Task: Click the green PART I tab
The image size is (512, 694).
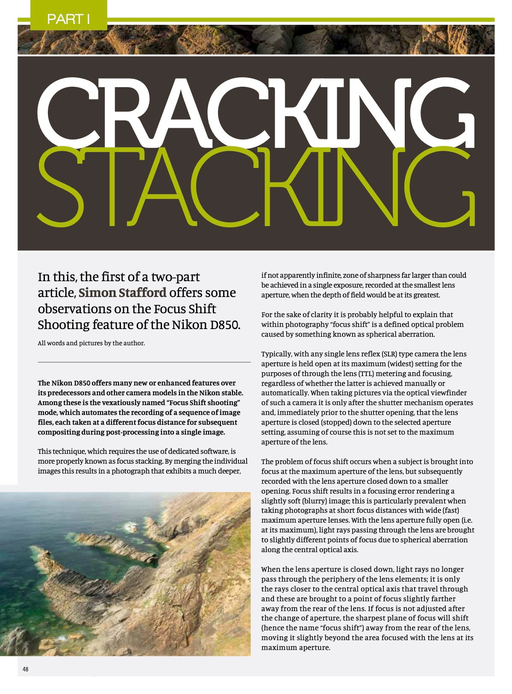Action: (68, 19)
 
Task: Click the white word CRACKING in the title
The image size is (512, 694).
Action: (256, 113)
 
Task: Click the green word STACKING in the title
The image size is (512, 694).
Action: (256, 188)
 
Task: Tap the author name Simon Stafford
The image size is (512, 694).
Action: (122, 293)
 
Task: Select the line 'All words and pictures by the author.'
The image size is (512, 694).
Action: (91, 343)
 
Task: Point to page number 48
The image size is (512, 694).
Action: (26, 669)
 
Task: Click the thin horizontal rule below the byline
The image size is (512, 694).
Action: (144, 362)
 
